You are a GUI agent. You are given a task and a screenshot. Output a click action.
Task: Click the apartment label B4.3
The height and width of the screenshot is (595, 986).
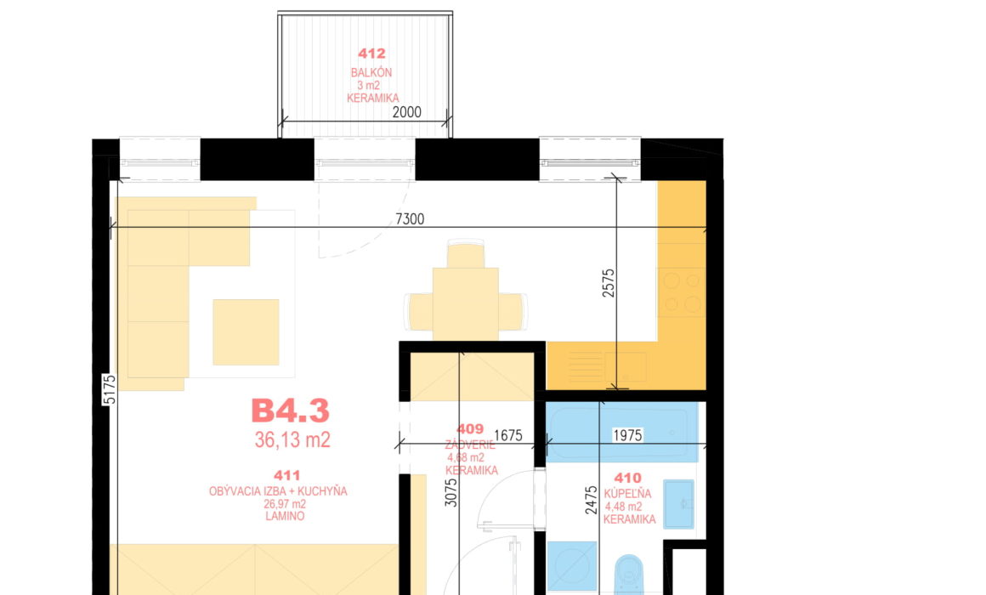tap(290, 411)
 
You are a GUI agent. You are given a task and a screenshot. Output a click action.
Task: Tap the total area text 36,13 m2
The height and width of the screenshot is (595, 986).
tap(292, 439)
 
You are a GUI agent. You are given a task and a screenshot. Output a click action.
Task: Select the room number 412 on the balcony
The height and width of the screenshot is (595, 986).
tap(371, 54)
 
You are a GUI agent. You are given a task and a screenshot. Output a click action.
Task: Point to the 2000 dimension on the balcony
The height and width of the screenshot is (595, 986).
tap(407, 112)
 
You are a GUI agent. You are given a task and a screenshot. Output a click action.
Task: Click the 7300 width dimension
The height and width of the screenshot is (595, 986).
tap(410, 219)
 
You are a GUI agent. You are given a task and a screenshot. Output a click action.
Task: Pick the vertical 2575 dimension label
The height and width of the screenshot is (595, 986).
tap(608, 283)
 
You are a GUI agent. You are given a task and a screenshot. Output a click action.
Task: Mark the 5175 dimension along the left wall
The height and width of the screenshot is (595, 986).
tap(110, 390)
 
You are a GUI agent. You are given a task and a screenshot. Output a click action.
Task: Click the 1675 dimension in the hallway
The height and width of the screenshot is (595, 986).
tap(508, 435)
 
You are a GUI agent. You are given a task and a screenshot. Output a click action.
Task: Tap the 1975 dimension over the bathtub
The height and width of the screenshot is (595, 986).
tap(627, 435)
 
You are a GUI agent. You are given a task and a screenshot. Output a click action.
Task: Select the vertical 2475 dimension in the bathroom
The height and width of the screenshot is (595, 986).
tap(591, 500)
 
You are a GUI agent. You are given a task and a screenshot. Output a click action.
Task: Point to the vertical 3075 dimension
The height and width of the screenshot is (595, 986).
tap(450, 493)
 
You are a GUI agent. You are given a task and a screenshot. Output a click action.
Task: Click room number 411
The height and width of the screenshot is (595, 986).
tap(286, 475)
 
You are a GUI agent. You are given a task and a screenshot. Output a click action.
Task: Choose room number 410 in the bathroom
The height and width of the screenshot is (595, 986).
tap(627, 478)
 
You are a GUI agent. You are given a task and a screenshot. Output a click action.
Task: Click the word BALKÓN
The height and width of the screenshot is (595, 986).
tap(371, 72)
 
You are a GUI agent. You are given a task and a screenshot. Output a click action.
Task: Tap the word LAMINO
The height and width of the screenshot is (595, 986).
tap(285, 516)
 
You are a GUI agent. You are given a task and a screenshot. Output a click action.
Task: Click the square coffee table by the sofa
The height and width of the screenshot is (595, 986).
tap(246, 332)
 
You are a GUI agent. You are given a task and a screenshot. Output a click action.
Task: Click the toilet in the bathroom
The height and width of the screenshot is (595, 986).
tap(628, 575)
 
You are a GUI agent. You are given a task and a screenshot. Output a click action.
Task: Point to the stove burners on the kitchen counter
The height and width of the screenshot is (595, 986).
tap(682, 292)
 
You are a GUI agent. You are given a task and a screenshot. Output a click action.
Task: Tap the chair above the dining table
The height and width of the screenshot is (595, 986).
tap(465, 253)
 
